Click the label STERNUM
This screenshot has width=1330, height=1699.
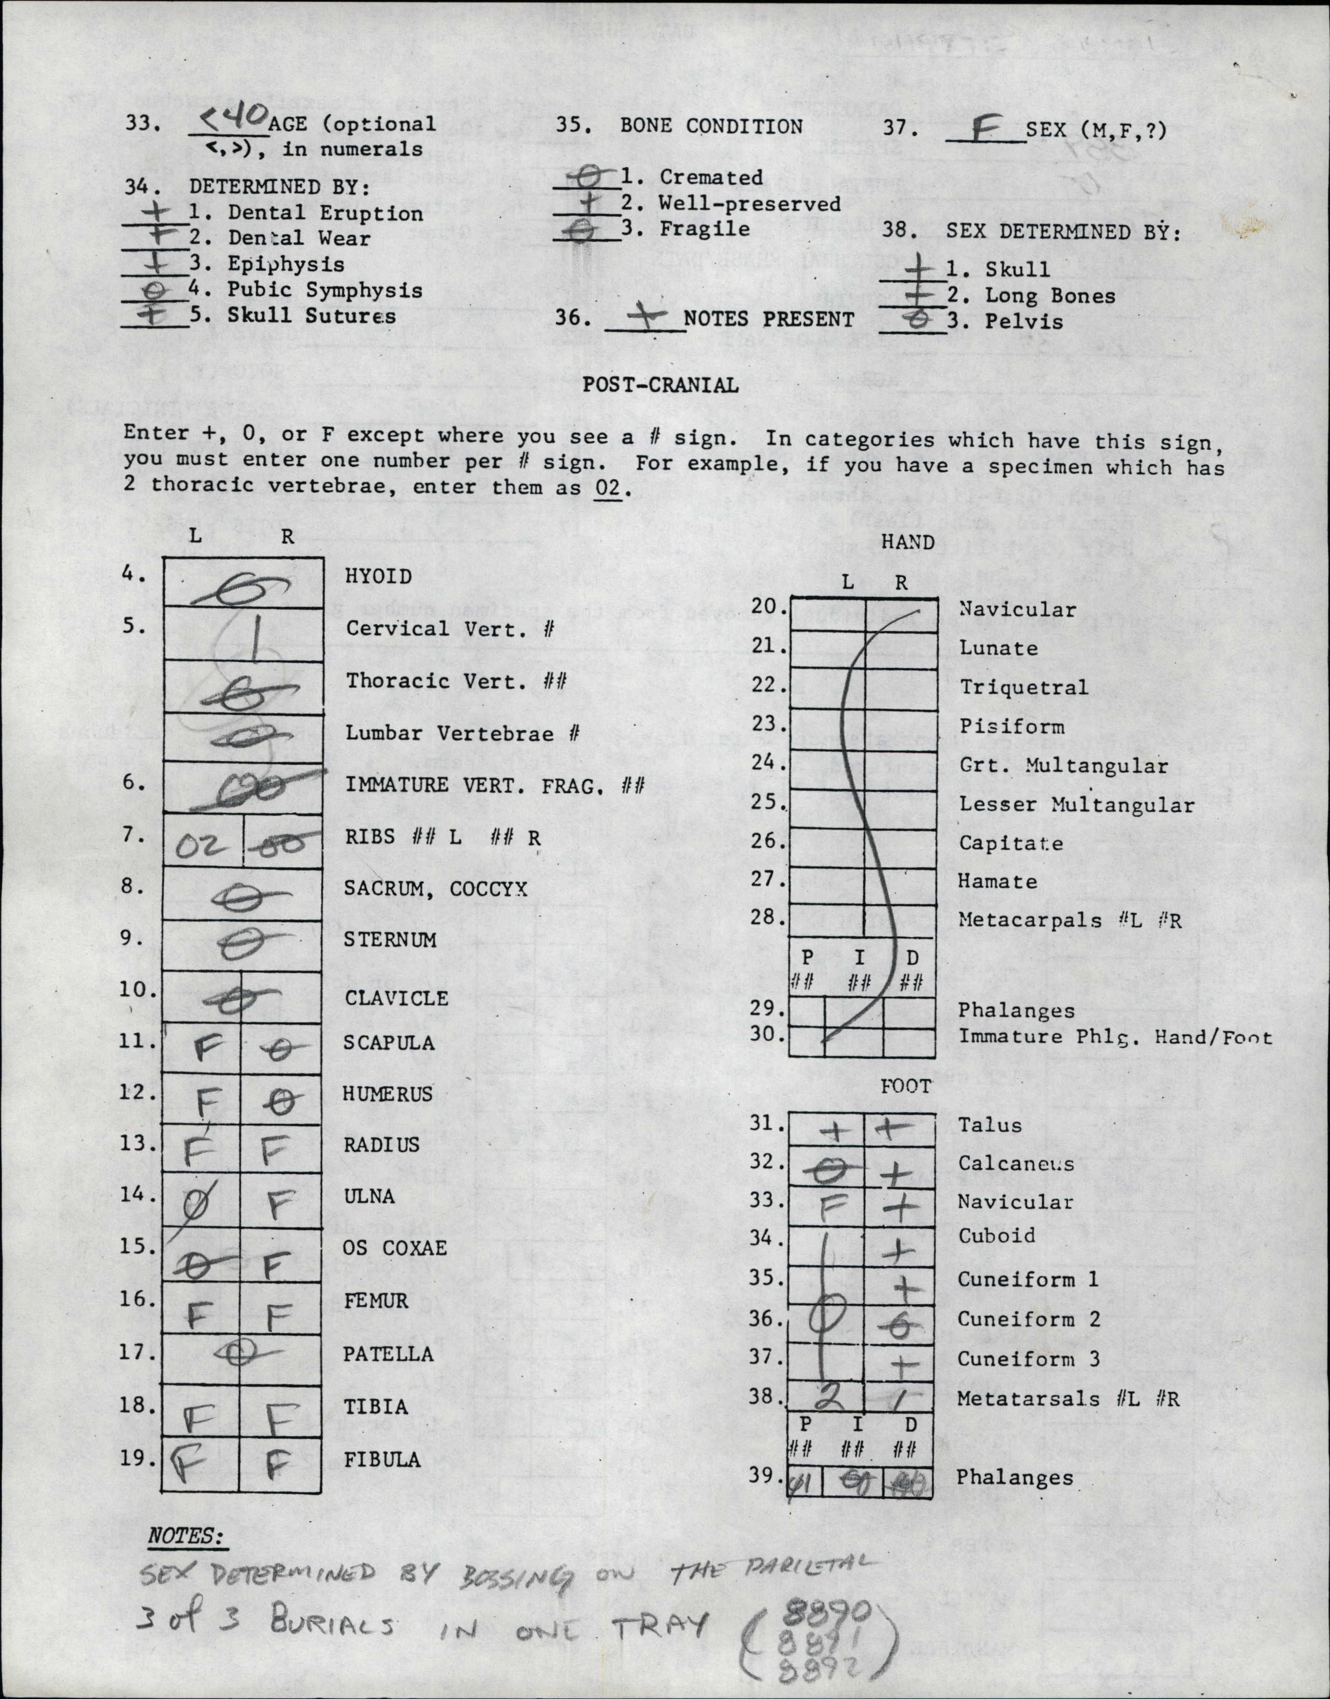click(390, 940)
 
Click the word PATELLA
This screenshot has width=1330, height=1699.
click(388, 1354)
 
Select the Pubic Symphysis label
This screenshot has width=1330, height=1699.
click(325, 291)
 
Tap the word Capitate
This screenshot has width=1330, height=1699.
click(1010, 843)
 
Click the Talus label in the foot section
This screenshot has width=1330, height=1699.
click(990, 1124)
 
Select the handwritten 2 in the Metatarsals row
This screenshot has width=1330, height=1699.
click(832, 1397)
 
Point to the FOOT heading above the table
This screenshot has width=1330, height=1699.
click(906, 1086)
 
